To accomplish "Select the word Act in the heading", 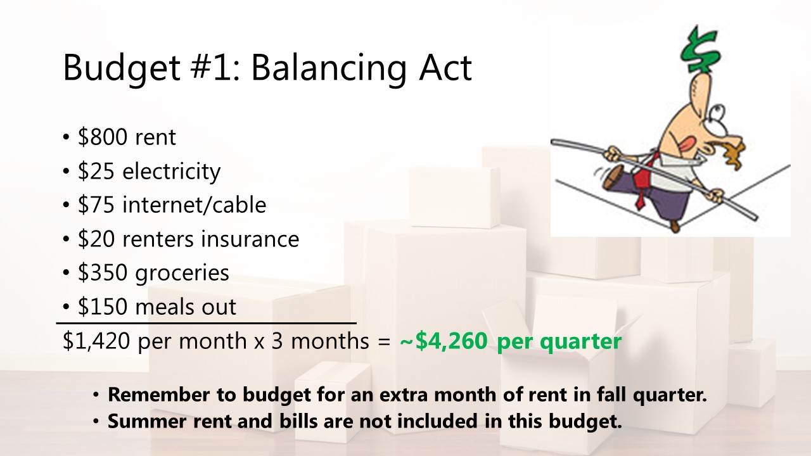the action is pyautogui.click(x=445, y=68).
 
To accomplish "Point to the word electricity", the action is pyautogui.click(x=171, y=171).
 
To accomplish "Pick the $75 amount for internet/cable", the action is pyautogui.click(x=96, y=205).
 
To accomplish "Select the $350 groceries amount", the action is pyautogui.click(x=103, y=272).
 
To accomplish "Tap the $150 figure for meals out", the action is pyautogui.click(x=103, y=307).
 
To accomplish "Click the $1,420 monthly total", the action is pyautogui.click(x=96, y=341).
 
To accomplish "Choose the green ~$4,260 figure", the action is pyautogui.click(x=444, y=341).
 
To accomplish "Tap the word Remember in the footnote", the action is pyautogui.click(x=158, y=394).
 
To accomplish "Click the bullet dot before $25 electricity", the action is pyautogui.click(x=66, y=171).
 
